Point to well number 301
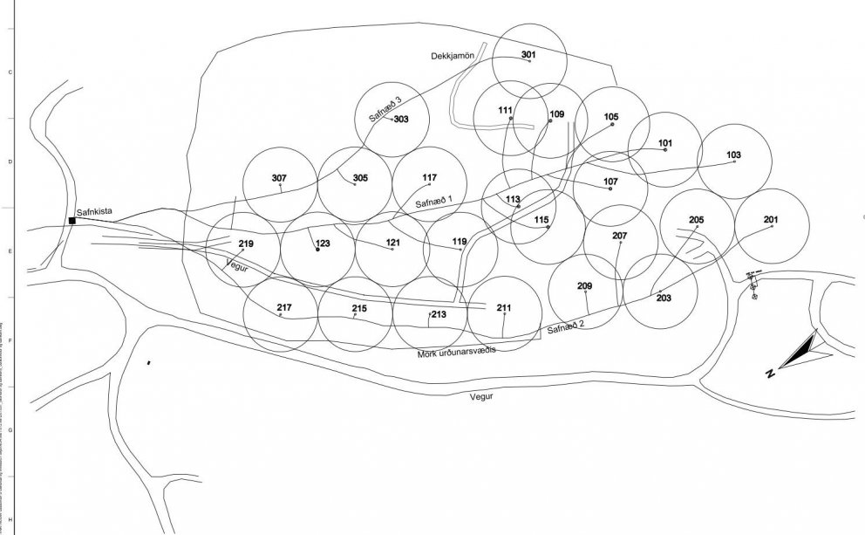pyautogui.click(x=528, y=55)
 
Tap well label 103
pyautogui.click(x=733, y=155)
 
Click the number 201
pyautogui.click(x=771, y=219)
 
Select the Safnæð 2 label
pyautogui.click(x=566, y=326)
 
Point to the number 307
pyautogui.click(x=279, y=178)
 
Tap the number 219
pyautogui.click(x=245, y=243)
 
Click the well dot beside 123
pyautogui.click(x=317, y=250)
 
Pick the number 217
pyautogui.click(x=284, y=307)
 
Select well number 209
pyautogui.click(x=585, y=286)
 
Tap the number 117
pyautogui.click(x=429, y=178)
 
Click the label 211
pyautogui.click(x=504, y=308)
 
